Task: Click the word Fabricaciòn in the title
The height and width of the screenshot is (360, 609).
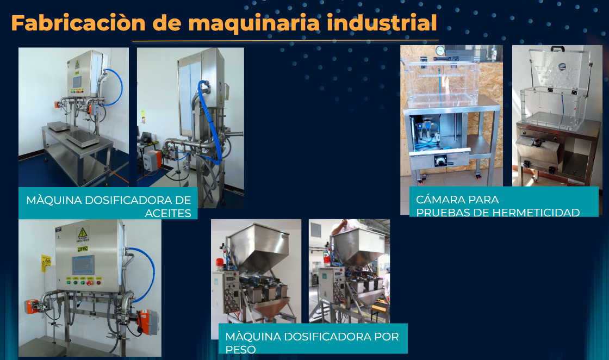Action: point(78,23)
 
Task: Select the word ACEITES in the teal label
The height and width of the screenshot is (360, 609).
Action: point(168,213)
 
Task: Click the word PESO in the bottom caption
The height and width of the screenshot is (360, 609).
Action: point(240,350)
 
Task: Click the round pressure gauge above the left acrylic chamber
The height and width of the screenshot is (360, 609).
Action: point(440,51)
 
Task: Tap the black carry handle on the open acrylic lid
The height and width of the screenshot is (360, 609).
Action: point(557,49)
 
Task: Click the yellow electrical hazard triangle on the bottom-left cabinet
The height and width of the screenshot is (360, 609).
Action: point(82,233)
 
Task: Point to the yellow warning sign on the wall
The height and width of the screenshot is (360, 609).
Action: point(46,262)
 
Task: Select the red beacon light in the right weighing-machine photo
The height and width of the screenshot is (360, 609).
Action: point(327,259)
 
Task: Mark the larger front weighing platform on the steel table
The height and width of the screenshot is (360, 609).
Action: point(83,138)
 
